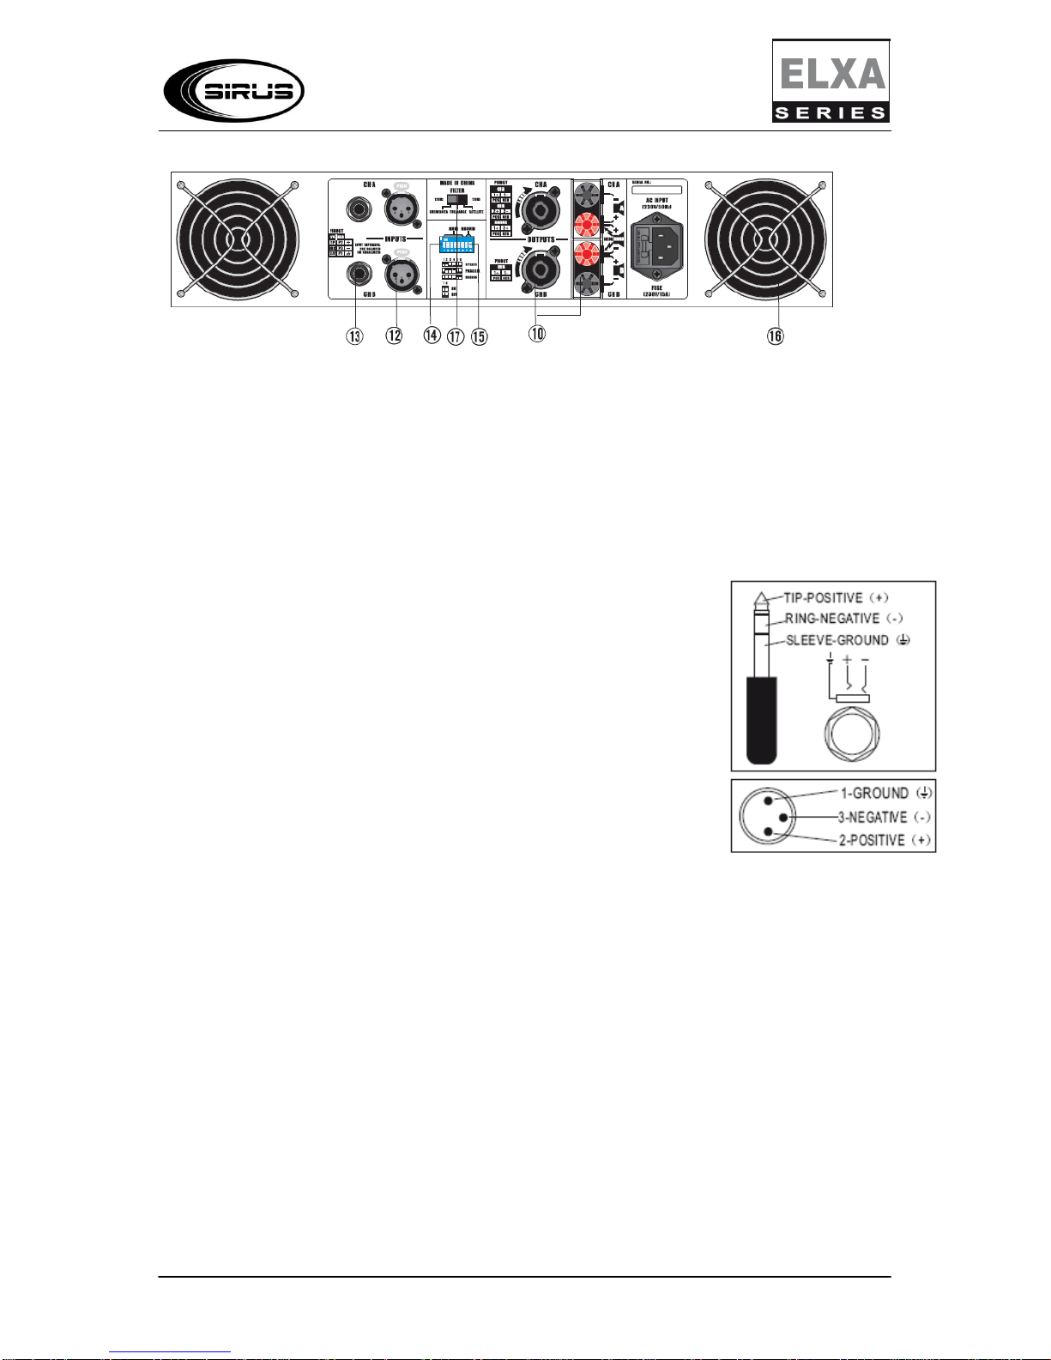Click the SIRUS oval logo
pos(233,90)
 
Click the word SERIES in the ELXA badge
pos(830,112)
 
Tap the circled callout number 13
pos(354,335)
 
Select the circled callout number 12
pos(394,335)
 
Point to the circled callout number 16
pos(775,335)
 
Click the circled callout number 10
pos(537,334)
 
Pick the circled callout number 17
pos(456,335)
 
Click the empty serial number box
pos(656,190)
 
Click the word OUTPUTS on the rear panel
pos(541,239)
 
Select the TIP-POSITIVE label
pos(823,597)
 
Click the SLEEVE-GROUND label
pos(837,640)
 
